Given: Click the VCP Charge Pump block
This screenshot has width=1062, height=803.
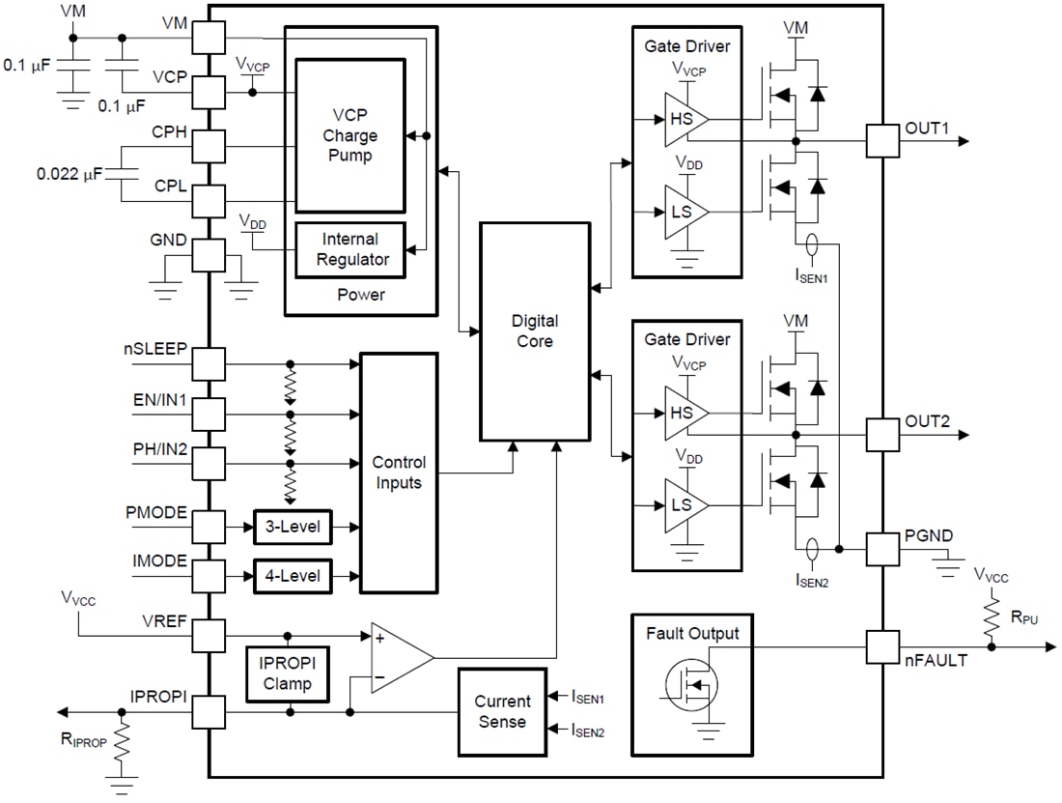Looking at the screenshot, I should pyautogui.click(x=349, y=135).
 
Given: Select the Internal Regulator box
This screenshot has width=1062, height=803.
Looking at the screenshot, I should pyautogui.click(x=349, y=248).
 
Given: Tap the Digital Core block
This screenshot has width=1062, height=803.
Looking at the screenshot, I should pyautogui.click(x=535, y=330).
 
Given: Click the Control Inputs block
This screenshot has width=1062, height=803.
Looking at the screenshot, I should pyautogui.click(x=398, y=473).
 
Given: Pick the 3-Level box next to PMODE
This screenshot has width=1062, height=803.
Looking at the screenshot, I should pyautogui.click(x=292, y=527).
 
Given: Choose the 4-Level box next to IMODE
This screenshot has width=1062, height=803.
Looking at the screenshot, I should pyautogui.click(x=292, y=576).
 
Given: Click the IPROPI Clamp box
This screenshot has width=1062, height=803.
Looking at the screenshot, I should pyautogui.click(x=287, y=674).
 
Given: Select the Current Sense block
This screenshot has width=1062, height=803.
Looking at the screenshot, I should pyautogui.click(x=501, y=711).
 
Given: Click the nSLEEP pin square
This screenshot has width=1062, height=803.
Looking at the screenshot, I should pyautogui.click(x=210, y=365).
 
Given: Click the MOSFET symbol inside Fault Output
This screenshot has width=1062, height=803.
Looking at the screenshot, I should pyautogui.click(x=686, y=685).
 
